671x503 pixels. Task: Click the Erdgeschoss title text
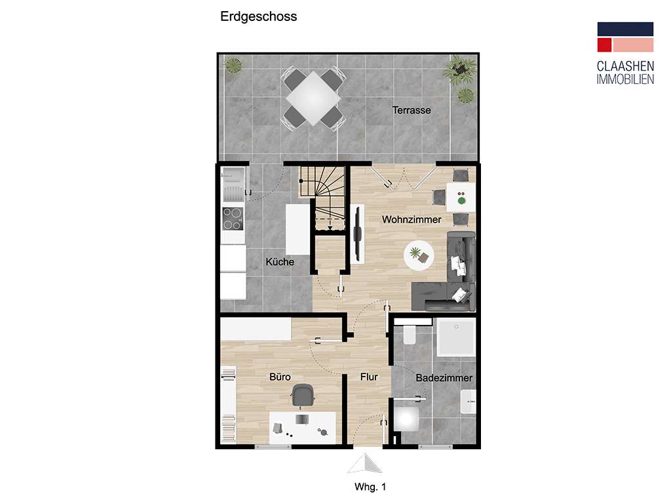point(258,17)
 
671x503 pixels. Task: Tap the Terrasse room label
point(412,110)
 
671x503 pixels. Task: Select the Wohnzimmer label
point(412,220)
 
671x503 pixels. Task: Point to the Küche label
point(280,262)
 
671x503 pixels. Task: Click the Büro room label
point(280,377)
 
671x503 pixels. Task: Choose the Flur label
point(369,377)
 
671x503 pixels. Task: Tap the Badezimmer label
point(444,378)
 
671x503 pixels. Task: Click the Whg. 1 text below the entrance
point(370,487)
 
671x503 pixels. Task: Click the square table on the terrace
point(313,99)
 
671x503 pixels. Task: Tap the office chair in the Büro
point(302,396)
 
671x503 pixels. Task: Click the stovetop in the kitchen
point(233,218)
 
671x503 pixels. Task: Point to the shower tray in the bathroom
point(455,337)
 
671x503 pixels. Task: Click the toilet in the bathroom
point(411,334)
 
